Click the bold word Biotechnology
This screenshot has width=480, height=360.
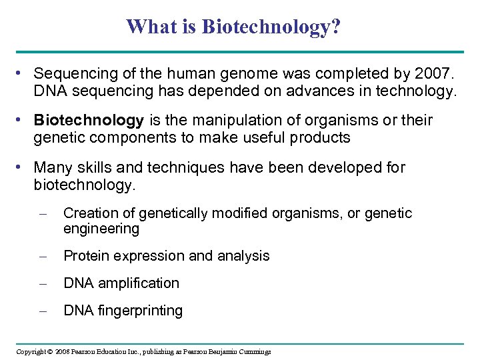89,121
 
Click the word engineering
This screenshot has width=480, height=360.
101,229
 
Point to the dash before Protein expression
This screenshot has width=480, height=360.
43,257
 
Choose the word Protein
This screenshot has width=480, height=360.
85,256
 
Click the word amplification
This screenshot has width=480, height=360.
139,283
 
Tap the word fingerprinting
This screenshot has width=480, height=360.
139,311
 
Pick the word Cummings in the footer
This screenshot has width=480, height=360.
254,351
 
